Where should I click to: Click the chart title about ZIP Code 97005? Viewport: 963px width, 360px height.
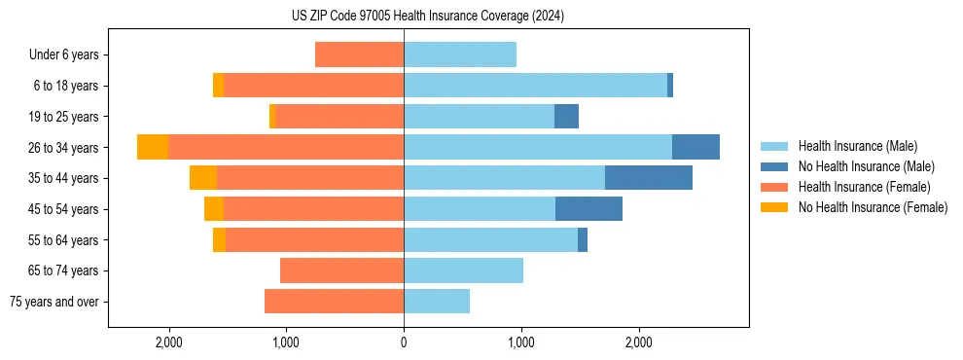(428, 17)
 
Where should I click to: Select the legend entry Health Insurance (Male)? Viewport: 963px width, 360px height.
(857, 146)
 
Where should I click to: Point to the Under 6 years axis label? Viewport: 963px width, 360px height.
(64, 55)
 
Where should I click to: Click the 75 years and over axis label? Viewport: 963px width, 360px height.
(54, 302)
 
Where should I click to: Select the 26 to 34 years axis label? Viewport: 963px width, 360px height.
(64, 148)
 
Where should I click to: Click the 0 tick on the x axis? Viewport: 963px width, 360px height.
(404, 342)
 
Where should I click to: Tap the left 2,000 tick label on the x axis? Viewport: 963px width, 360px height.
(169, 342)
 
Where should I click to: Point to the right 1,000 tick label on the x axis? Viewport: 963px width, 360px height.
(521, 342)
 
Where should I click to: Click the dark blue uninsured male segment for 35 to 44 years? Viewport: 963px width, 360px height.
(649, 178)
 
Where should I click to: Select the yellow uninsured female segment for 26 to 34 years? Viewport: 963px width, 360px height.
(153, 147)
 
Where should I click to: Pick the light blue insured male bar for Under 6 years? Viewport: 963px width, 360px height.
(460, 54)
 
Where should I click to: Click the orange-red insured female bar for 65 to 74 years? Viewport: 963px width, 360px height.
(341, 270)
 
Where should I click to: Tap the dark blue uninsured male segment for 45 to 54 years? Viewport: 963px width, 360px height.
(588, 209)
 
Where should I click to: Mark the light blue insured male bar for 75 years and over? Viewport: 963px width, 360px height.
(437, 302)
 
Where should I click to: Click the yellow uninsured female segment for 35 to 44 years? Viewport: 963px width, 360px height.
(203, 178)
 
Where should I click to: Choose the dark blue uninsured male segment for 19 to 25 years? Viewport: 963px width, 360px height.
(566, 117)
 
